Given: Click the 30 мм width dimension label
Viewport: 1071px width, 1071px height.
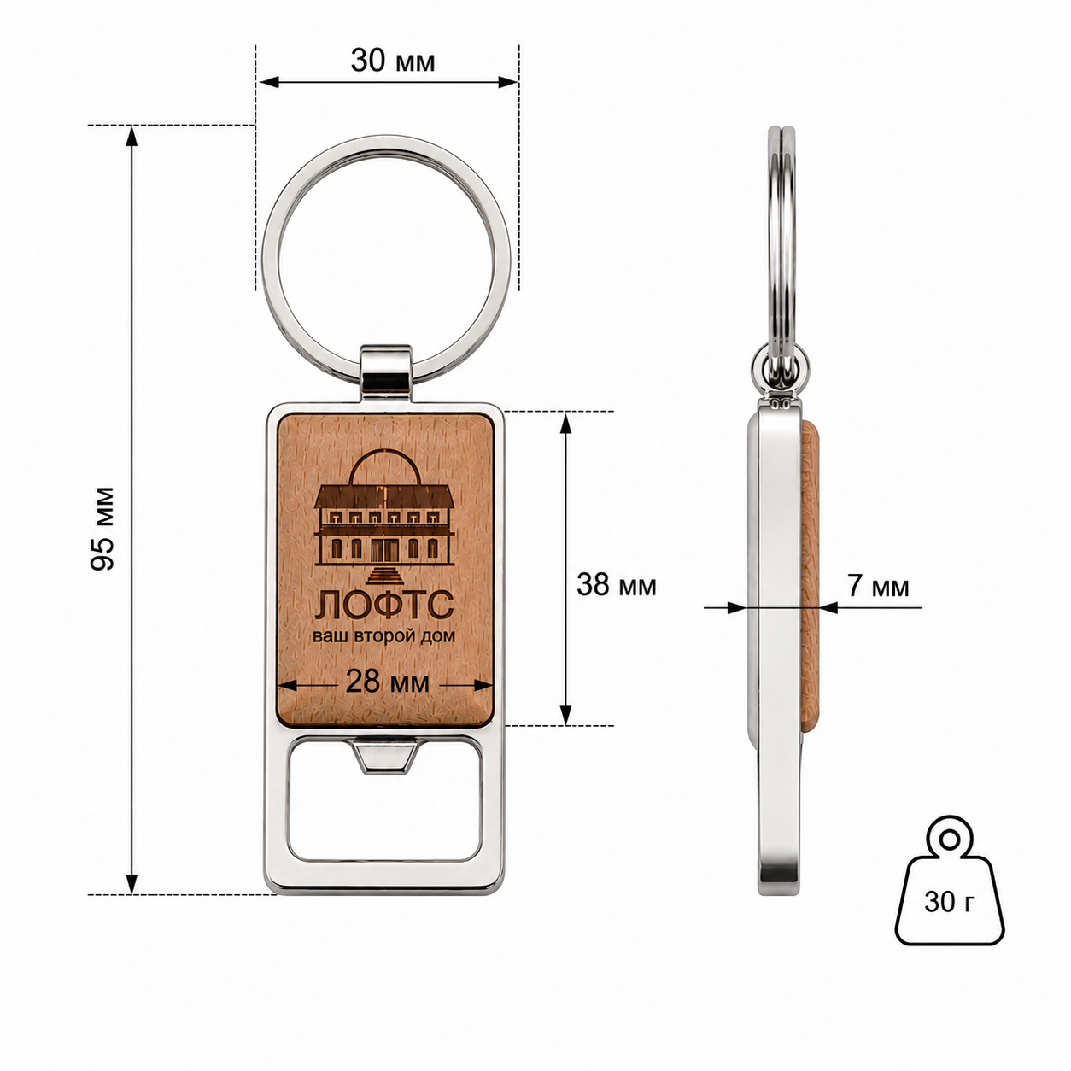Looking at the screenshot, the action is [x=393, y=61].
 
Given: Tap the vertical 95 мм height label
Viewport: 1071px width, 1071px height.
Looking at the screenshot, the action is [x=102, y=528].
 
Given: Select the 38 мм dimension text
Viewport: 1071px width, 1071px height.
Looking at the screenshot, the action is [x=617, y=585].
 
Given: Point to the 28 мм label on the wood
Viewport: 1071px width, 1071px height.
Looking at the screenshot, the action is [x=388, y=682].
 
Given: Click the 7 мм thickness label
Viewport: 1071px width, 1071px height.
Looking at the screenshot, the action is [x=878, y=587].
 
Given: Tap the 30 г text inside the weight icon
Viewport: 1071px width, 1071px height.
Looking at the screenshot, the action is [x=949, y=902].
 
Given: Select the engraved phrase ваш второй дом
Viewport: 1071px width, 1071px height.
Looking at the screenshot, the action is [x=384, y=635].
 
